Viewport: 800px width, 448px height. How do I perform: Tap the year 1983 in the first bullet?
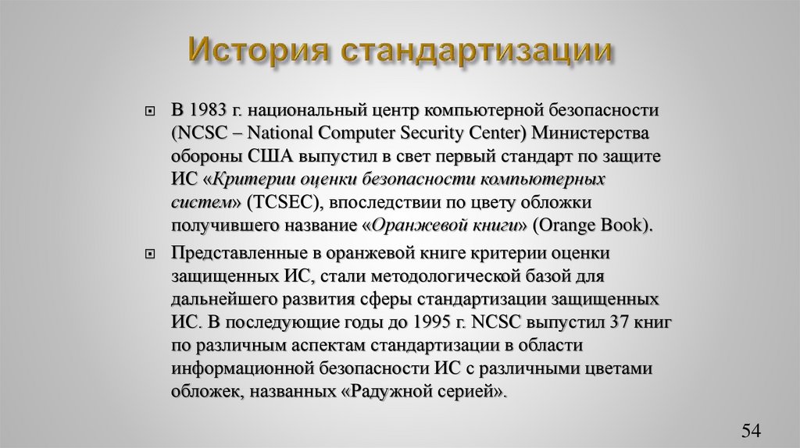209,108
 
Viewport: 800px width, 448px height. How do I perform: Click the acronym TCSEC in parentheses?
279,203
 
